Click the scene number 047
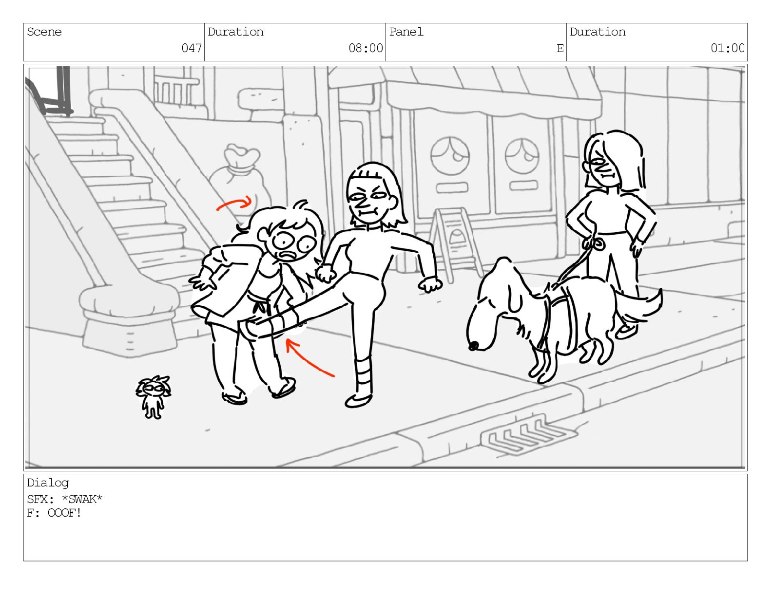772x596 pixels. coord(192,48)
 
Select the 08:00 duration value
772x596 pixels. coord(366,48)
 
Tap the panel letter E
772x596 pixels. coord(560,48)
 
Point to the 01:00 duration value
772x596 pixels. coord(727,48)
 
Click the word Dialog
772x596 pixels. coord(48,483)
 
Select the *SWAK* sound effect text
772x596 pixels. coord(82,500)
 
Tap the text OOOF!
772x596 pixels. coord(64,513)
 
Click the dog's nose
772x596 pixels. coord(474,345)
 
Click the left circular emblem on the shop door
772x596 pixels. coord(450,156)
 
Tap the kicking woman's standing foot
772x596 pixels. coord(359,400)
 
